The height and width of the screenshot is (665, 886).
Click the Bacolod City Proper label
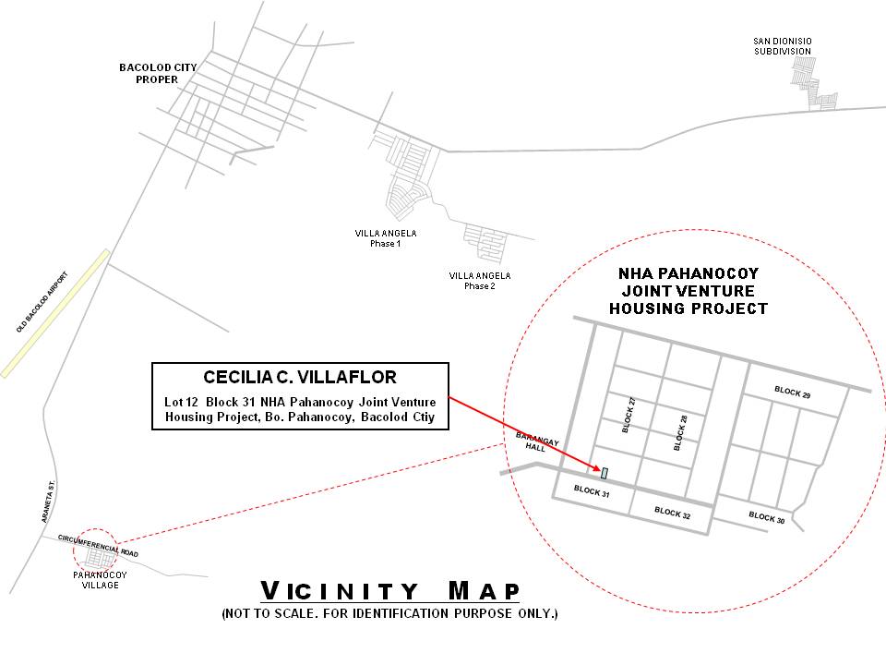point(158,74)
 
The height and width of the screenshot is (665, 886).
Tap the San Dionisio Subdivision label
point(783,46)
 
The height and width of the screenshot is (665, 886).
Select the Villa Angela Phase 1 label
point(386,238)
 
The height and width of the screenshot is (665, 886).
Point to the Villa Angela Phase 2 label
point(480,281)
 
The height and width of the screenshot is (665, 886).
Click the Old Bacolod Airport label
point(42,302)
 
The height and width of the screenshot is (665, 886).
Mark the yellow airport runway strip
point(54,313)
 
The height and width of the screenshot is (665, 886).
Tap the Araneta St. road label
point(49,502)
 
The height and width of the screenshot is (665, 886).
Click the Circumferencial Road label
point(98,546)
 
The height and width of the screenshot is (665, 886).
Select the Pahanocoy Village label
point(100,580)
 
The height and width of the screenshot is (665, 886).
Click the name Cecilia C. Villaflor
point(300,377)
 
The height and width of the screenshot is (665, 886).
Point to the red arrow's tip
point(601,470)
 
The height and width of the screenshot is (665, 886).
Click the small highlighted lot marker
point(604,473)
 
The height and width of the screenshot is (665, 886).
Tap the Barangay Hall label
point(537,442)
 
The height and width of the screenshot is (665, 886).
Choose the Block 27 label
point(629,415)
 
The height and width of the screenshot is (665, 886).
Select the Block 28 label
point(680,432)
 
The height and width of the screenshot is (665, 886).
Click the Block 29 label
point(792,393)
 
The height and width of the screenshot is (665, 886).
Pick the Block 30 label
point(767,517)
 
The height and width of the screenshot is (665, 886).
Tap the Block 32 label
point(673,513)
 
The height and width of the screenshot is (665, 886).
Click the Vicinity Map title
point(389,591)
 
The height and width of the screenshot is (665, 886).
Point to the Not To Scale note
point(389,613)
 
